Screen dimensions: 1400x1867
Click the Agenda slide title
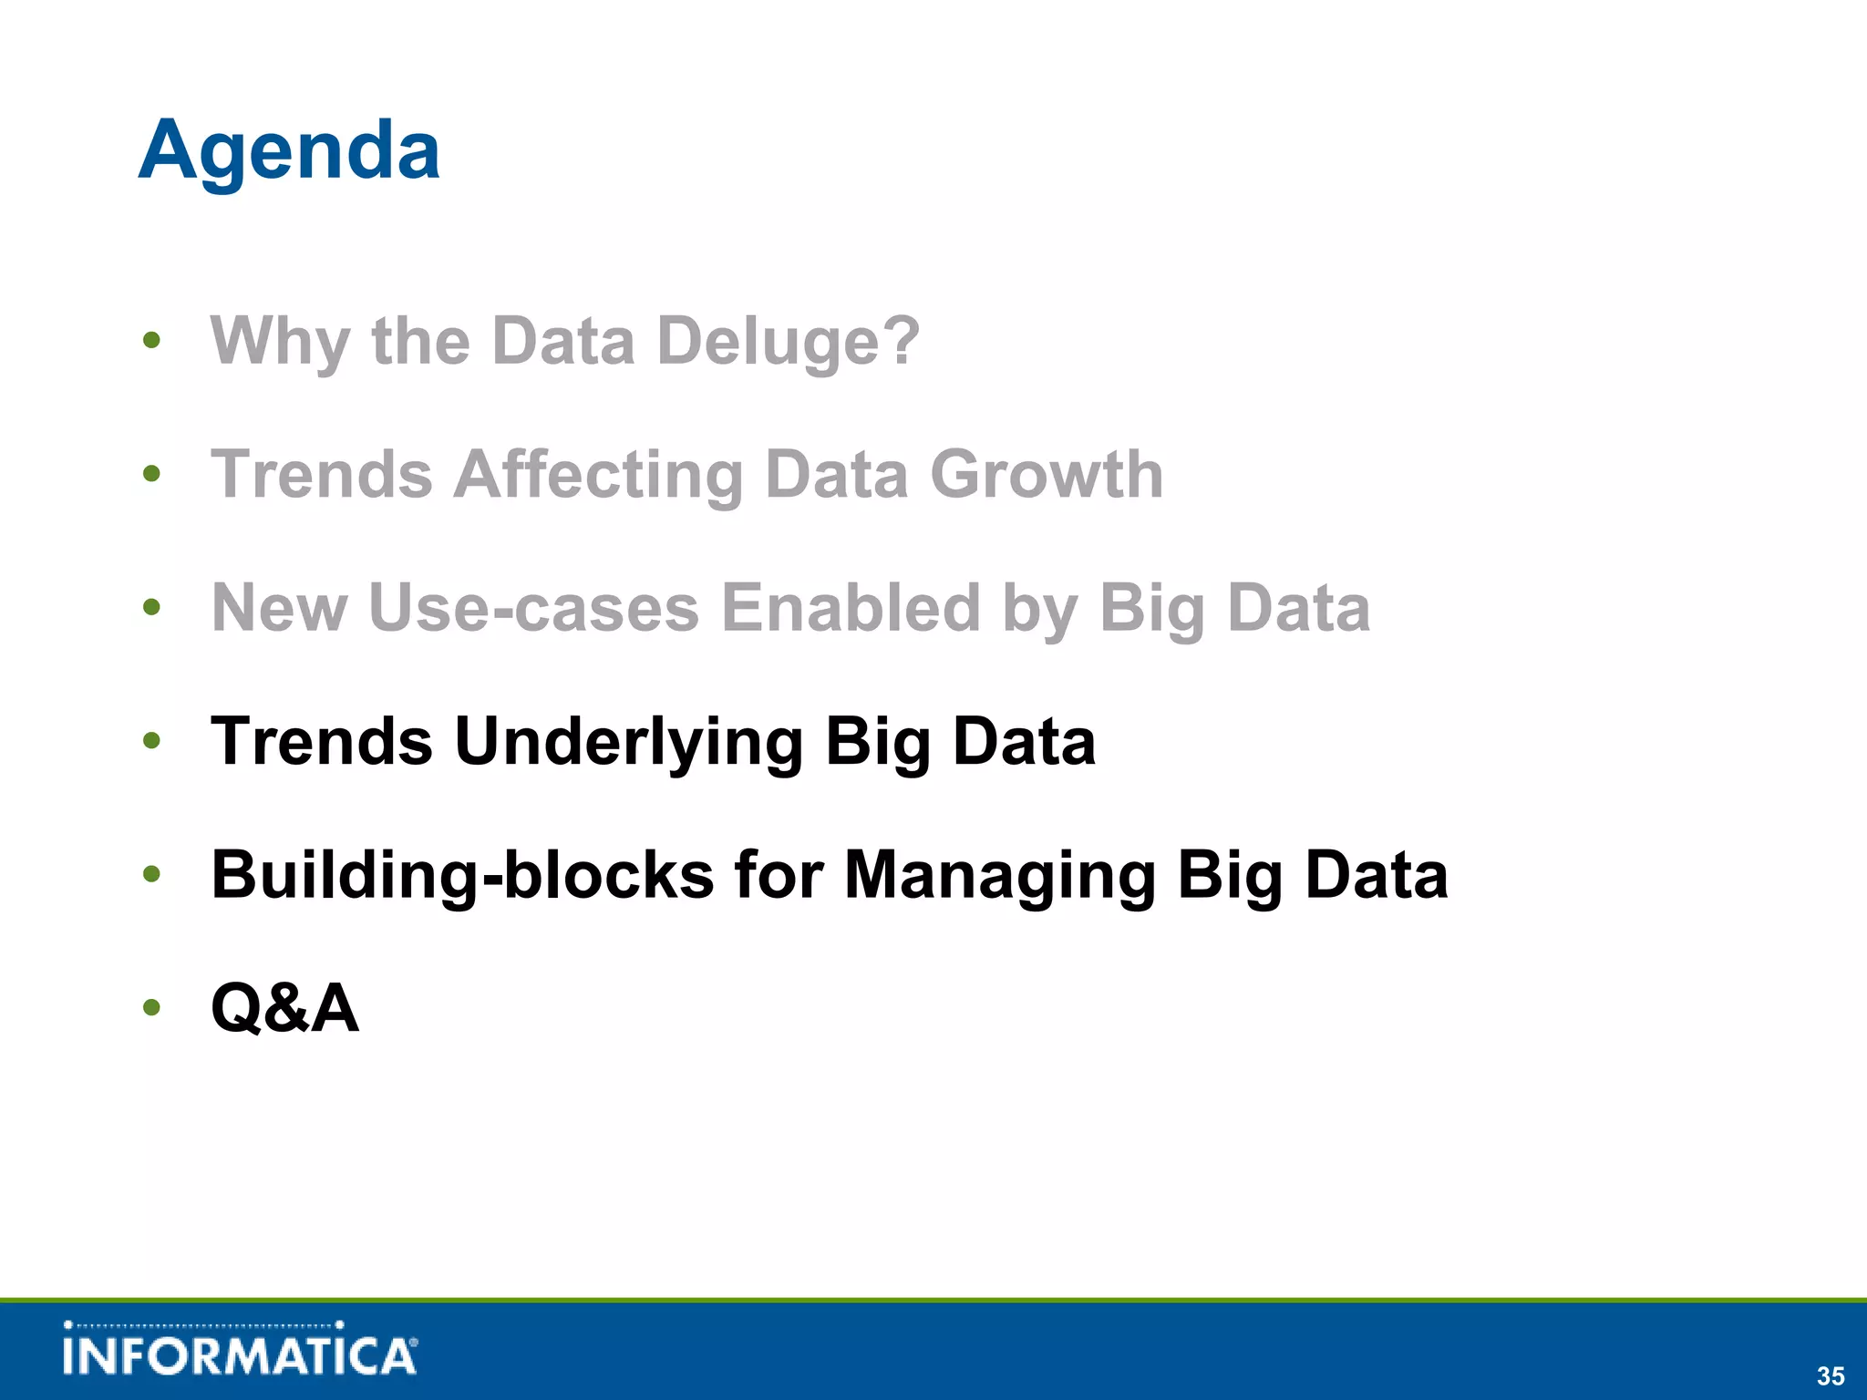pyautogui.click(x=289, y=150)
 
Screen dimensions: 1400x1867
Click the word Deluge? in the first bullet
pyautogui.click(x=788, y=341)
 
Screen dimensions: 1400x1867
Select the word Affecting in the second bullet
pyautogui.click(x=598, y=475)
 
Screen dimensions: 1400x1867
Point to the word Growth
pyautogui.click(x=1047, y=475)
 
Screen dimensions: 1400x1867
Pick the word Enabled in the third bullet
pyautogui.click(x=851, y=608)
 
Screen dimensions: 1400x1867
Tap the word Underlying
pyautogui.click(x=628, y=741)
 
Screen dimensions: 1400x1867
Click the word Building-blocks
pyautogui.click(x=462, y=875)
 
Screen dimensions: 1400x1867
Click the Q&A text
pyautogui.click(x=284, y=1008)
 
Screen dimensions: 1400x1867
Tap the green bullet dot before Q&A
pyautogui.click(x=152, y=1008)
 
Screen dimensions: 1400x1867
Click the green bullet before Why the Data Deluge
pyautogui.click(x=152, y=341)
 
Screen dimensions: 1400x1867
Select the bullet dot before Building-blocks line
pyautogui.click(x=152, y=875)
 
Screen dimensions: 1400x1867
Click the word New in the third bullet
pyautogui.click(x=279, y=608)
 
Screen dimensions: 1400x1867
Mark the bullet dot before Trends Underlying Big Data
pyautogui.click(x=152, y=741)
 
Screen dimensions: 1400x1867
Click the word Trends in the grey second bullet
pyautogui.click(x=322, y=475)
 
